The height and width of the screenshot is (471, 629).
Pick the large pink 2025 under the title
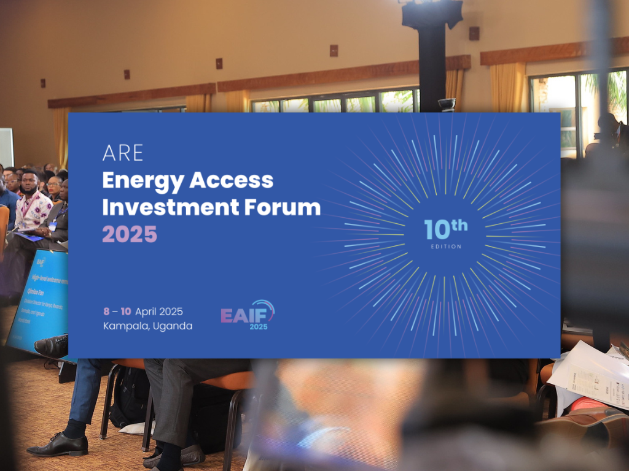[129, 234]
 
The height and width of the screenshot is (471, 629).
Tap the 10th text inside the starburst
[445, 229]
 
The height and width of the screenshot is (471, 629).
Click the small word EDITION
[445, 247]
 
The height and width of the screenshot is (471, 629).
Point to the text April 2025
[159, 312]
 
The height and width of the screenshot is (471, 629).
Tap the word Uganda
[175, 326]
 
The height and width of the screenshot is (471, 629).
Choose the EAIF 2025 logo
[248, 315]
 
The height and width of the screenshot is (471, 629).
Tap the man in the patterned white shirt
[32, 205]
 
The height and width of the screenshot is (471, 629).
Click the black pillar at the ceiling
[432, 55]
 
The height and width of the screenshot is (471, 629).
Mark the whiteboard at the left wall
[6, 147]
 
